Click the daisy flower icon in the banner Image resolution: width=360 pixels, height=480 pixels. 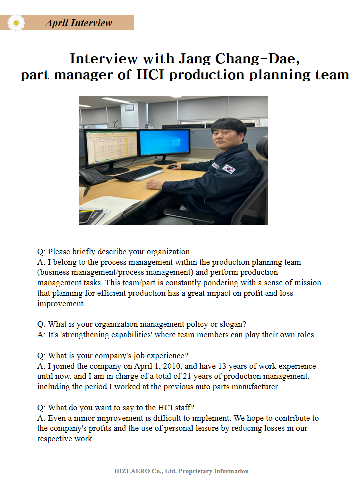[x=17, y=23]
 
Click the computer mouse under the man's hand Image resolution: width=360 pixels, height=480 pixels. [x=172, y=166]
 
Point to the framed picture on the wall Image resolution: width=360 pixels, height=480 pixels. [x=129, y=107]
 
